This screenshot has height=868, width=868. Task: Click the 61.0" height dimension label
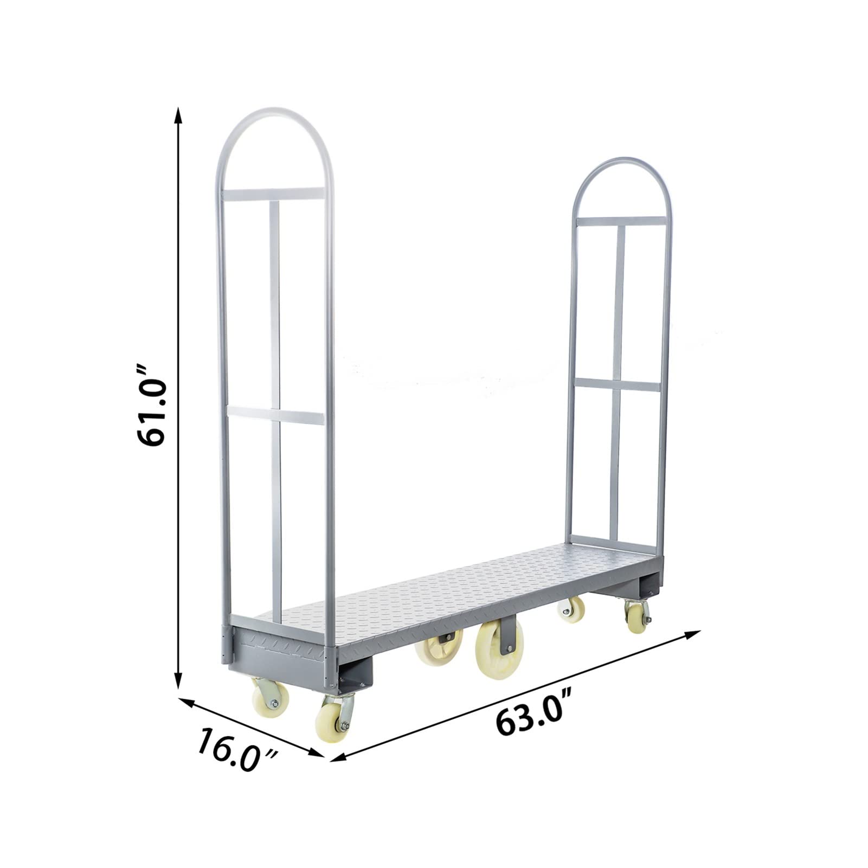152,406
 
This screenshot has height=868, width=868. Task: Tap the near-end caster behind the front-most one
269,698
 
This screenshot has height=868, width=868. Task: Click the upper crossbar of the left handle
273,194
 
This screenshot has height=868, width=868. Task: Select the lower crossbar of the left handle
275,416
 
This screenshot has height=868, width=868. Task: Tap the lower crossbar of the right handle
618,384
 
